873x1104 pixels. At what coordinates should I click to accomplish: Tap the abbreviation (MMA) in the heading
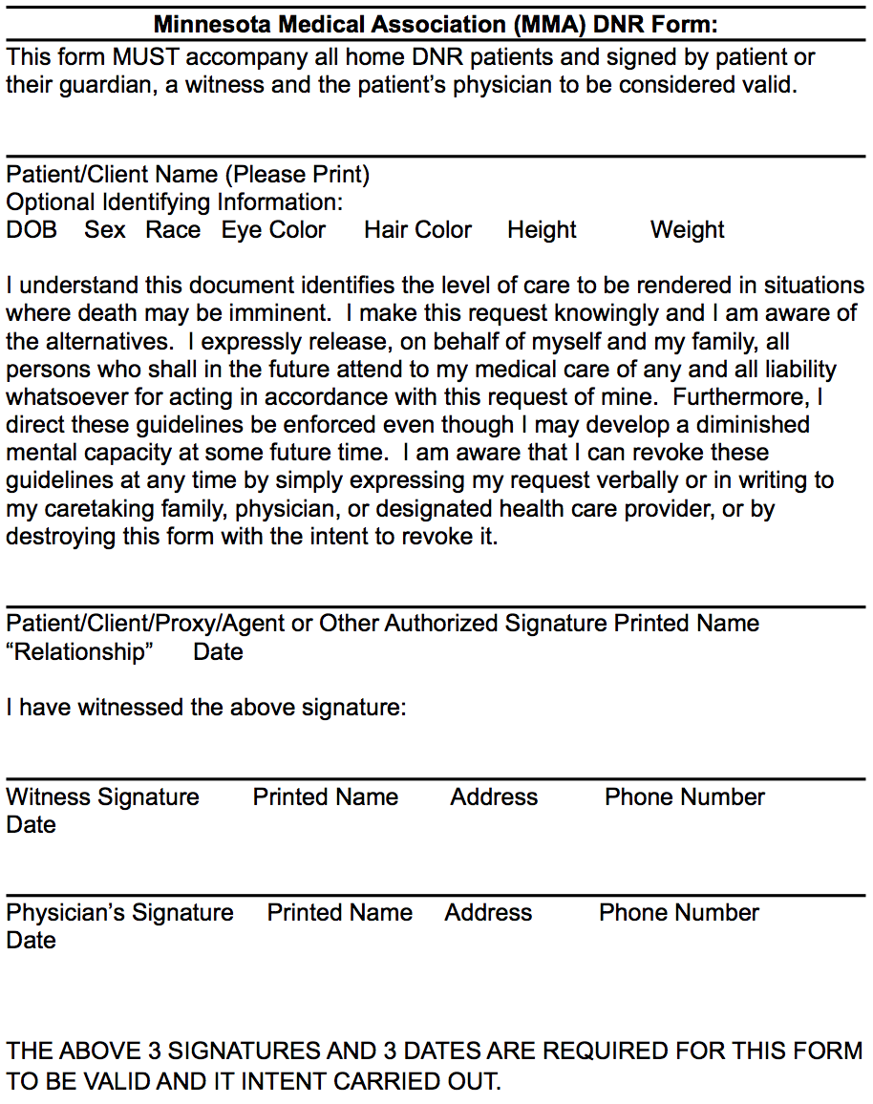(x=551, y=23)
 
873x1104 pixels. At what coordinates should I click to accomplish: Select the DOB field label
(x=32, y=230)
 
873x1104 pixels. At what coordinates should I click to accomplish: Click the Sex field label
(x=105, y=230)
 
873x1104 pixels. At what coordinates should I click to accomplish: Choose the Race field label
(x=173, y=230)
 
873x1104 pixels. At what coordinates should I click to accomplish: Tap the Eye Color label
(x=273, y=230)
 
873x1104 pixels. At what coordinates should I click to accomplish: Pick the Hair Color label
(x=417, y=230)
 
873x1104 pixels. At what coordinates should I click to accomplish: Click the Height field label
(x=542, y=230)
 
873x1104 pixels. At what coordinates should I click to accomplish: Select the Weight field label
(x=688, y=230)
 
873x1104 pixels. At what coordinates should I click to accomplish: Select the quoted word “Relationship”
(x=79, y=652)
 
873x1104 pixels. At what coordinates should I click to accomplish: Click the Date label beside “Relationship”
(x=218, y=652)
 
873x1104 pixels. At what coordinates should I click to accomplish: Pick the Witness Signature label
(x=102, y=797)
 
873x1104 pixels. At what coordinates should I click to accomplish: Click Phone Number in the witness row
(x=685, y=797)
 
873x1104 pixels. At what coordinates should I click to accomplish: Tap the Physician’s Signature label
(x=119, y=913)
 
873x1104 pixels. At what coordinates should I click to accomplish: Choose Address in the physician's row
(x=488, y=913)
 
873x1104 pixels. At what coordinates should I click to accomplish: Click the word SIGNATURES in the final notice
(x=246, y=1051)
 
